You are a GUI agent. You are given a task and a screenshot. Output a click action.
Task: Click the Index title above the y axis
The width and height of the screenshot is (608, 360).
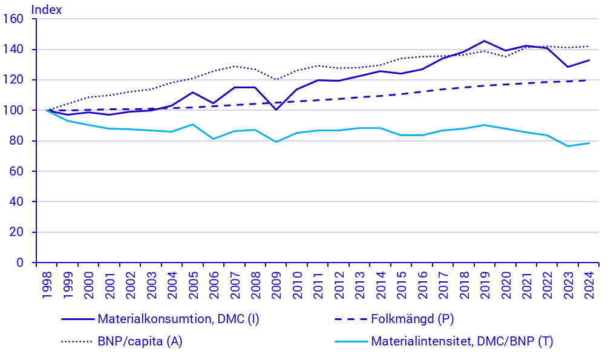(46, 9)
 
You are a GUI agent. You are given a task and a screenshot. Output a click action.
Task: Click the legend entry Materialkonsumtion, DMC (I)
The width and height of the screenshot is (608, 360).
(178, 319)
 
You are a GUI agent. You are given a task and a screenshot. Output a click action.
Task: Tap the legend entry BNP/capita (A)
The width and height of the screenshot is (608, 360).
(140, 341)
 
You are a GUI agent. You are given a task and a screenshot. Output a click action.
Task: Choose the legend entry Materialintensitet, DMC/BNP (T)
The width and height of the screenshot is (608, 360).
(462, 341)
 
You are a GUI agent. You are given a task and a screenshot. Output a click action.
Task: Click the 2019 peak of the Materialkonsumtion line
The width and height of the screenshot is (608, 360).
(484, 41)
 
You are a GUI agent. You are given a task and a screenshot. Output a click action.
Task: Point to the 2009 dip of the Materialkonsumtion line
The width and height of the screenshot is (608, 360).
(276, 110)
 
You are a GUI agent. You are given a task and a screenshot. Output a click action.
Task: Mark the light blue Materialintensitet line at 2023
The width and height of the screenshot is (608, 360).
(567, 146)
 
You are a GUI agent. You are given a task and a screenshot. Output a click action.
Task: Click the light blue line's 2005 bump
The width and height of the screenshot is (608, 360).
(192, 125)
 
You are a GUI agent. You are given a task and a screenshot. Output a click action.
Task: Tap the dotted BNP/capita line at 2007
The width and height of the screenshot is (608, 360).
(234, 67)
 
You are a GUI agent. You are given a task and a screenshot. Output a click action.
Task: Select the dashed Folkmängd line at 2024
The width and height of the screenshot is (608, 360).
(589, 80)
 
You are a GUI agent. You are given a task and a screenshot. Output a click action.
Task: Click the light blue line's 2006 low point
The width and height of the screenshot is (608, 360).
(214, 139)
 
